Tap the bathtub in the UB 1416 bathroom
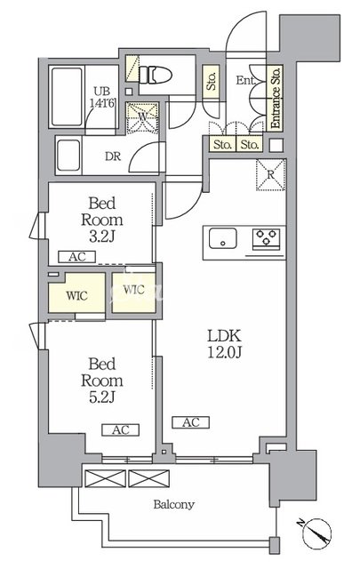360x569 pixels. click(67, 97)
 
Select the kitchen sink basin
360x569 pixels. click(222, 238)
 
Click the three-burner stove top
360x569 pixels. click(266, 239)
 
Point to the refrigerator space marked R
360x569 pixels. click(271, 174)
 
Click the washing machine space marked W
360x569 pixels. click(142, 117)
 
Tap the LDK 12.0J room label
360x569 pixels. click(224, 344)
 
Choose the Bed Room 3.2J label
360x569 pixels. click(102, 220)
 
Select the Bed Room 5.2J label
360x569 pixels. click(102, 381)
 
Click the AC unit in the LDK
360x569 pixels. click(191, 422)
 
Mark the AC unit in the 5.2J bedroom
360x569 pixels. click(121, 430)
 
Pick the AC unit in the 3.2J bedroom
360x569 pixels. click(77, 257)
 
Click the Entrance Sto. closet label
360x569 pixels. click(275, 97)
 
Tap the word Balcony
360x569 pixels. click(173, 504)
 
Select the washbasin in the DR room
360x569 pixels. click(68, 155)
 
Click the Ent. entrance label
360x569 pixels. click(245, 80)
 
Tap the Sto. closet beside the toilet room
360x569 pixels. click(212, 81)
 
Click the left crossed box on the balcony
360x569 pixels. click(105, 478)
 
